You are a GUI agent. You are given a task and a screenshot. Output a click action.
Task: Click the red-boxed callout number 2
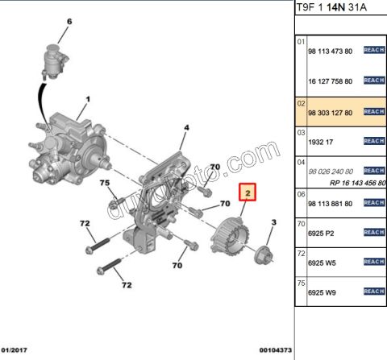(249, 193)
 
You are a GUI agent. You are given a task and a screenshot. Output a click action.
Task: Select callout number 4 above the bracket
(186, 127)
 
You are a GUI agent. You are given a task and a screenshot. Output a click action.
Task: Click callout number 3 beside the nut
(273, 221)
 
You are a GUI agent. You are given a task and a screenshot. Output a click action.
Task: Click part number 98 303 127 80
(331, 113)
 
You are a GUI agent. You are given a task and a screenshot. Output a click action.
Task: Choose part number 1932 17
(320, 142)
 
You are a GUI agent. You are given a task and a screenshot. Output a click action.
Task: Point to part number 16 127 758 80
(331, 81)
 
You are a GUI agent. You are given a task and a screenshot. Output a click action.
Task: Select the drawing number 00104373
(276, 350)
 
